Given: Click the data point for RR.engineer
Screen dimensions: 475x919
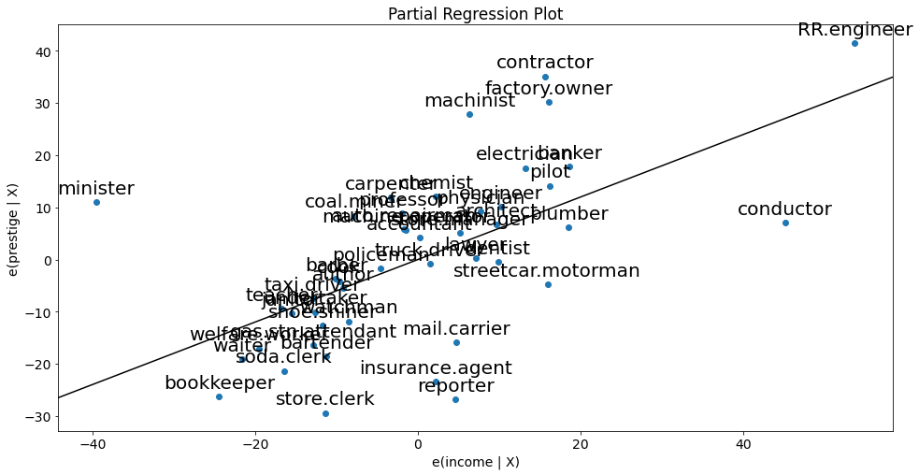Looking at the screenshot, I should coord(854,44).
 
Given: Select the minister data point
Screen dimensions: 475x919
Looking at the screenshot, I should coord(96,202).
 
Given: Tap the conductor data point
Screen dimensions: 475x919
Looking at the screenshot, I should coord(785,223).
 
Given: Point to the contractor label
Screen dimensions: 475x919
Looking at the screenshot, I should coord(544,63).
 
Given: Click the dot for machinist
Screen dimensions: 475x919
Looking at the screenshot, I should coord(469,114).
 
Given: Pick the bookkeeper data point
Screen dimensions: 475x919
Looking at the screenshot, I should coord(219,396).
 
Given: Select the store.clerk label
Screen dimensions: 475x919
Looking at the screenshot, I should coord(324,399).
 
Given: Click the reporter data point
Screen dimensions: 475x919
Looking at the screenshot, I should coord(455,399).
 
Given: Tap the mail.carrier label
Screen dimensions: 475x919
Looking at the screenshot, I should coord(456,329).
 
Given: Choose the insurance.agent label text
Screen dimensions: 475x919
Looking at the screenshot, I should coord(436,367).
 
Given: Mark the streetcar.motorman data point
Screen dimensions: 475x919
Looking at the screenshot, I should coord(548,284).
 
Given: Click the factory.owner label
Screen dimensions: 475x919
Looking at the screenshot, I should coord(549,89).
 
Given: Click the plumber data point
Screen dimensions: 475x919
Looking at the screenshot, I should coord(568,227).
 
